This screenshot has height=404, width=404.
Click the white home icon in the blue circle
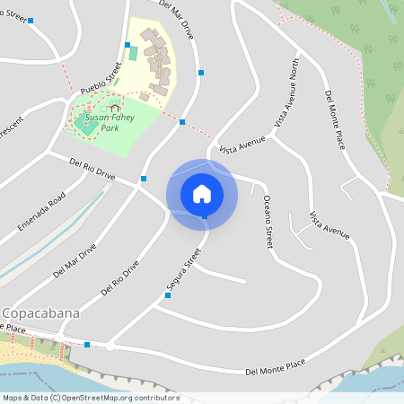click(202, 193)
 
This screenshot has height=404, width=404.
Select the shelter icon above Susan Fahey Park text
click(115, 108)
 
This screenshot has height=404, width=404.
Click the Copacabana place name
click(41, 313)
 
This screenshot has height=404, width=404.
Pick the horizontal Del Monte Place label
click(275, 368)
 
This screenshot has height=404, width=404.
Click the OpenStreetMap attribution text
click(90, 398)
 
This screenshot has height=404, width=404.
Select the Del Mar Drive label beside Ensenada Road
click(75, 260)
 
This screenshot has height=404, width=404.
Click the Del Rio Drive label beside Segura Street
click(120, 277)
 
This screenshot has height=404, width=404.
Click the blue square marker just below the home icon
click(205, 216)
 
